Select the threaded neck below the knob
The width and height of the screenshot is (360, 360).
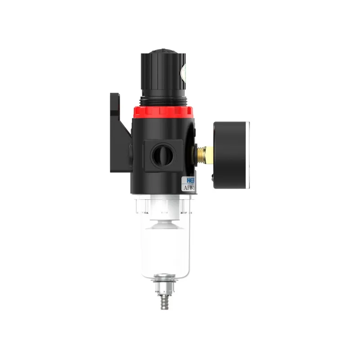pos(162,100)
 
